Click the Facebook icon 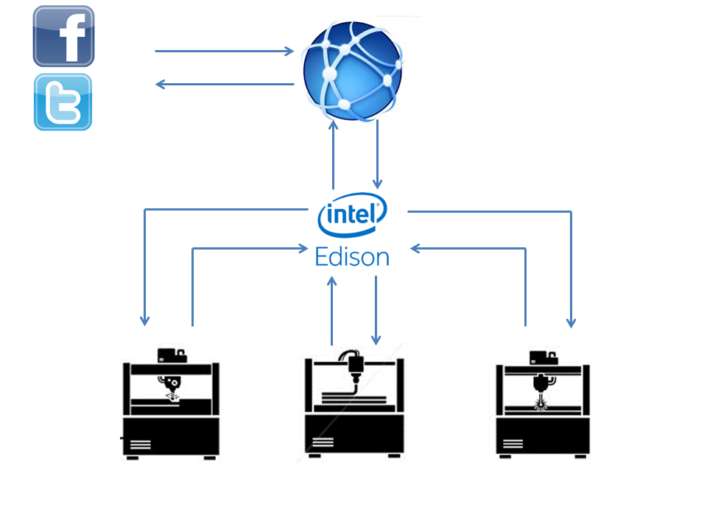[63, 36]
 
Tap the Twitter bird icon [63, 102]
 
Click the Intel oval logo [352, 215]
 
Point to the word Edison [351, 257]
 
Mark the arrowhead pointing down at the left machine [145, 320]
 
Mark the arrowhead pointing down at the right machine [571, 322]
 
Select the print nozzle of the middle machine [355, 375]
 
